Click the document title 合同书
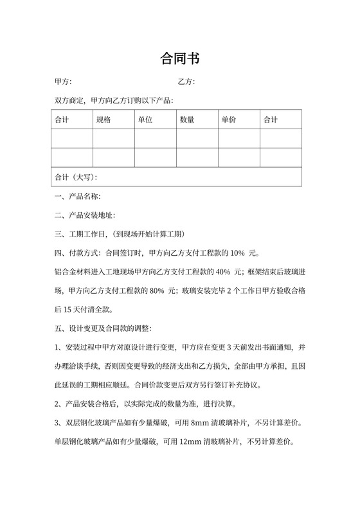tap(179, 60)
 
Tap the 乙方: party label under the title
tap(186, 82)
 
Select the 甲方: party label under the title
tap(63, 82)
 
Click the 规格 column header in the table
tap(104, 120)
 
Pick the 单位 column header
tap(145, 120)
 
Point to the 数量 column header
tap(187, 120)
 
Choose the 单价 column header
tap(229, 120)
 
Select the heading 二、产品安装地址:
tap(84, 215)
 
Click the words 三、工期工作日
tap(80, 234)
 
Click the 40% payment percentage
tap(225, 271)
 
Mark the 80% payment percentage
tap(157, 290)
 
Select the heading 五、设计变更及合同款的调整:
tap(103, 328)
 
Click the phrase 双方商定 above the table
tap(70, 101)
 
